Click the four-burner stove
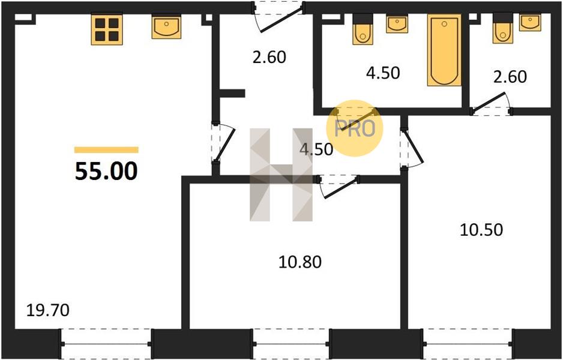tap(107, 30)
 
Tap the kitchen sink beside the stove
tap(166, 27)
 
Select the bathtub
tap(444, 50)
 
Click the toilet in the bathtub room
tap(363, 29)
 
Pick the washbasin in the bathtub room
tap(397, 25)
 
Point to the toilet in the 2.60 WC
tap(503, 28)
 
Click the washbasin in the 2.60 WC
tap(530, 23)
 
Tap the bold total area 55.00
tap(106, 171)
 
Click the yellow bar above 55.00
tap(106, 149)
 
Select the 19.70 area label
tap(48, 310)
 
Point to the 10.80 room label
tap(300, 262)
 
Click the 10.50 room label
tap(481, 230)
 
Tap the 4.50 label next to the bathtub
tap(383, 73)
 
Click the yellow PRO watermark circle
tap(355, 128)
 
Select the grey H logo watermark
tap(281, 175)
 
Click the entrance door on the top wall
tap(278, 17)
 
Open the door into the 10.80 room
tap(339, 185)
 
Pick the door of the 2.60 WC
tap(491, 104)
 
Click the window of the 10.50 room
tap(468, 344)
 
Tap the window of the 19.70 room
tap(106, 344)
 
